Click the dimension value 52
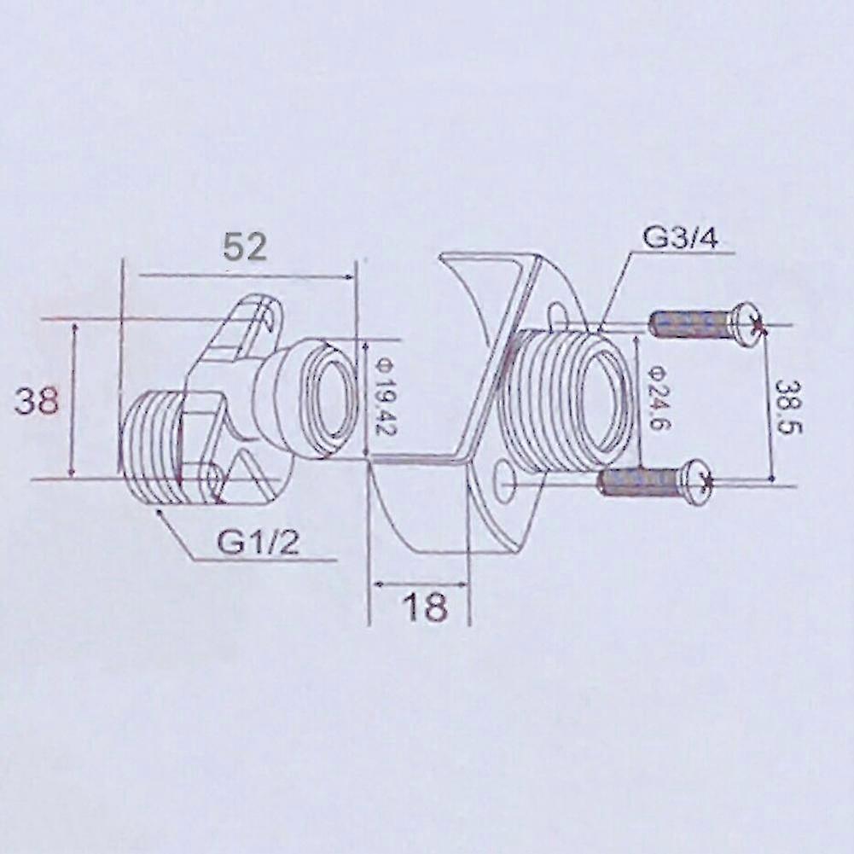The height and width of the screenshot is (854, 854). click(245, 247)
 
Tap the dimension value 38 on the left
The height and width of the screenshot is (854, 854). click(37, 400)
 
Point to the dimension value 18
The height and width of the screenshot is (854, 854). click(424, 607)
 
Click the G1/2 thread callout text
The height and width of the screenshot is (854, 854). click(258, 542)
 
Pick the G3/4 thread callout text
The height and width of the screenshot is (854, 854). click(680, 237)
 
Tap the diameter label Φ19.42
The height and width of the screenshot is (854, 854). click(384, 397)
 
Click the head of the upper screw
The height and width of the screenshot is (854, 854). click(746, 323)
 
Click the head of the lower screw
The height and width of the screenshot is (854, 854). click(696, 481)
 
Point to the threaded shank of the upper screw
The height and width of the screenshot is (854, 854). click(688, 324)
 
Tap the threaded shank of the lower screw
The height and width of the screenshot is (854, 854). click(638, 482)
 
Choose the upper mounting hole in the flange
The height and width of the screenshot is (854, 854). click(557, 317)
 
